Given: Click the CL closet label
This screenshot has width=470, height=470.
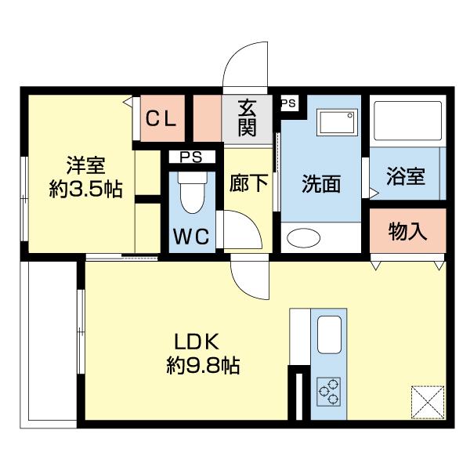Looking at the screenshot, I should (163, 119).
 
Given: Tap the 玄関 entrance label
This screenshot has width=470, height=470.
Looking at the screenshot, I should (248, 118).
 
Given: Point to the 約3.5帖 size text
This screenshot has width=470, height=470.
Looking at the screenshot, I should (85, 189).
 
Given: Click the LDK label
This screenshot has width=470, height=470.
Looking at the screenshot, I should (200, 342).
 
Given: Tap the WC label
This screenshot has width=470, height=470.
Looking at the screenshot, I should (191, 237).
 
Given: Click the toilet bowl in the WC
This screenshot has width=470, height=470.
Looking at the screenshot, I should (191, 192).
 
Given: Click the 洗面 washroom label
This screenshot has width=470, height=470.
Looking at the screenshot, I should (321, 183).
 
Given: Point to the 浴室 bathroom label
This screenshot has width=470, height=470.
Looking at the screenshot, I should (405, 175).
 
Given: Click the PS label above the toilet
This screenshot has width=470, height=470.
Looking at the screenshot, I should (190, 157).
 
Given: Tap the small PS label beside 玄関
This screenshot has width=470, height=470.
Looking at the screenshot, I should (287, 103).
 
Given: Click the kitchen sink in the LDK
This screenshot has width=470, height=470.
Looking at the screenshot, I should (330, 335).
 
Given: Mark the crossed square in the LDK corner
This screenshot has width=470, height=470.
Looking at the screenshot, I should (427, 403).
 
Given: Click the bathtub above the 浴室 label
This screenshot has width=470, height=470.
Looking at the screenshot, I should (407, 121).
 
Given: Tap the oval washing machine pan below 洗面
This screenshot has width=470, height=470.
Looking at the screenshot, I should (305, 238).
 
